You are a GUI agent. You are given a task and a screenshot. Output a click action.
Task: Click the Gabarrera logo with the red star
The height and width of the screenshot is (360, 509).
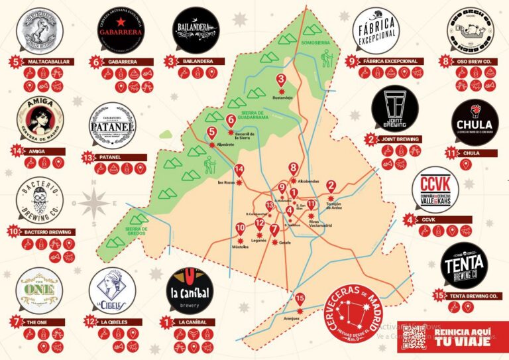(x=120, y=29)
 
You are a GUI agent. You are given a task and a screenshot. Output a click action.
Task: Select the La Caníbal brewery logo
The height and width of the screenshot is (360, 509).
(x=192, y=292)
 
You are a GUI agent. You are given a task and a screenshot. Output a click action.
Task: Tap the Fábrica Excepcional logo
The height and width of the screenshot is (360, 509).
(x=376, y=30)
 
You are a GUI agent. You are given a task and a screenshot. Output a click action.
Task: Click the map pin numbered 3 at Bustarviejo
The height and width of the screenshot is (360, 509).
(x=280, y=82)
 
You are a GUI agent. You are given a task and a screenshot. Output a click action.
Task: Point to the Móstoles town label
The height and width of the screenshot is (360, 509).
(x=239, y=246)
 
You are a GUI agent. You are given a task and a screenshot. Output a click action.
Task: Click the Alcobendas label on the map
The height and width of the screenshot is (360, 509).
(x=310, y=180)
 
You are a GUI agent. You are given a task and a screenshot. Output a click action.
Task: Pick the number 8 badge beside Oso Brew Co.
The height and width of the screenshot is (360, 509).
(x=444, y=61)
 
